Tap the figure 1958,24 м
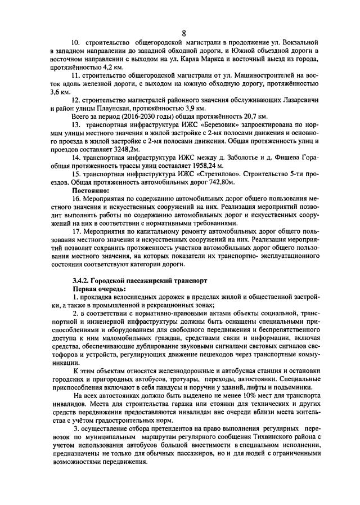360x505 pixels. point(205,167)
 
